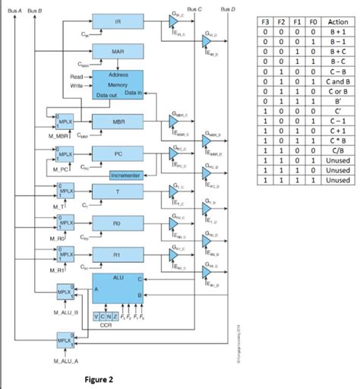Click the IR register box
pyautogui.click(x=117, y=23)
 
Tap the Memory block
pyautogui.click(x=117, y=85)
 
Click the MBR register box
pyautogui.click(x=117, y=122)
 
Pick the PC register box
pyautogui.click(x=117, y=153)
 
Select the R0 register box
pyautogui.click(x=117, y=223)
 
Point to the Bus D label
pyautogui.click(x=227, y=8)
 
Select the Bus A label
pyautogui.click(x=14, y=8)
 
